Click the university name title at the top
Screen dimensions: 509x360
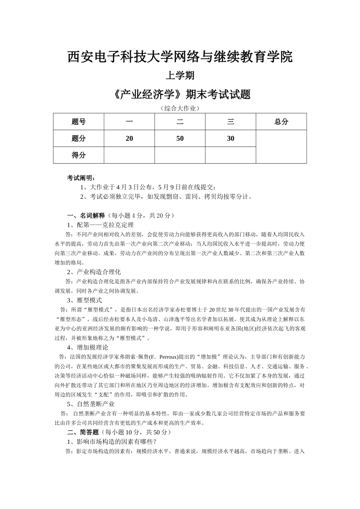tap(180, 57)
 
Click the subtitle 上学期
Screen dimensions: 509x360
tap(180, 76)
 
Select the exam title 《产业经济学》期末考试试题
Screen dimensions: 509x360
tap(182, 94)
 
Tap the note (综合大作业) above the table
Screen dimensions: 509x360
tap(180, 108)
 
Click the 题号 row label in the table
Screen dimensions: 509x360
tap(78, 122)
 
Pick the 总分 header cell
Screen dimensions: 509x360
tap(281, 122)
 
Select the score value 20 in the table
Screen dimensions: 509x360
tap(129, 138)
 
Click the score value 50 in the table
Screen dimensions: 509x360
tap(180, 138)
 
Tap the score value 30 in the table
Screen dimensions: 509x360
tap(230, 138)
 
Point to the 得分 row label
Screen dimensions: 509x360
tap(78, 155)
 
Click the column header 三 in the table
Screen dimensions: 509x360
tap(230, 122)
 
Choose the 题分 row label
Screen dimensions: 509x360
tap(78, 138)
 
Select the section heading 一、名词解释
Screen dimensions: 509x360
tap(86, 215)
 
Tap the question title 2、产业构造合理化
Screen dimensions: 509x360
tap(94, 272)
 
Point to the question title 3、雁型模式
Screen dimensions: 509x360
tap(85, 300)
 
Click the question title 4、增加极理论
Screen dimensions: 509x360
tap(88, 347)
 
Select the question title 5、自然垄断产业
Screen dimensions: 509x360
tap(91, 404)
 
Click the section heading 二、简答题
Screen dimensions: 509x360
tap(83, 432)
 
